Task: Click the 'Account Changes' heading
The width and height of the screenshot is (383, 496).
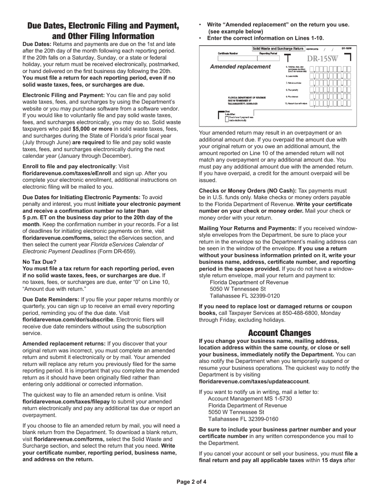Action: (279, 333)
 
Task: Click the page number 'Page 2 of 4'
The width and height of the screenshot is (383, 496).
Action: (191, 482)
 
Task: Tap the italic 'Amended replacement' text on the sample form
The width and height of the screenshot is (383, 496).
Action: (241, 67)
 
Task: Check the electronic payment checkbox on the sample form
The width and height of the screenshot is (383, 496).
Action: (227, 119)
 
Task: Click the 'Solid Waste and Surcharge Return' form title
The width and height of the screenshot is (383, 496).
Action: (278, 49)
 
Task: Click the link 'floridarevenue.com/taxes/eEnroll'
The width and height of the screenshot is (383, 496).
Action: (67, 173)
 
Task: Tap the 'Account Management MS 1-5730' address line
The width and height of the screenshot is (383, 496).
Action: (250, 398)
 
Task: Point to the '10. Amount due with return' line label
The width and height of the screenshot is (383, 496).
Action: (296, 104)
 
